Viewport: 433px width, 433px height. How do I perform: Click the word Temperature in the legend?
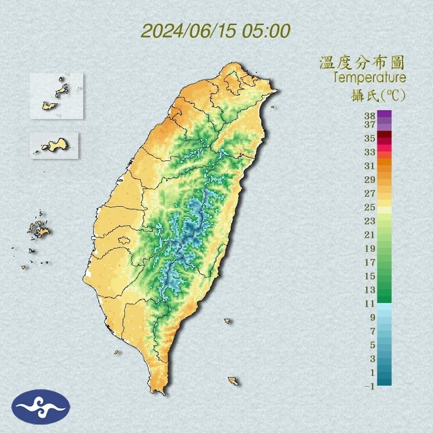(x=369, y=77)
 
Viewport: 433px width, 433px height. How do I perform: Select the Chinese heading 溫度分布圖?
(x=362, y=62)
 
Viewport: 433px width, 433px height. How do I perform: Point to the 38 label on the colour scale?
(x=369, y=115)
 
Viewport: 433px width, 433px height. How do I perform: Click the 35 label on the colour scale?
(x=369, y=139)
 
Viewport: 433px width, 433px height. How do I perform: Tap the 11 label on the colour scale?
(x=369, y=303)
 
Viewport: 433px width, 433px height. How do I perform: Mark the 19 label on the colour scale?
(x=369, y=248)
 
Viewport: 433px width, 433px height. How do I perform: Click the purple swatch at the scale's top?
(x=385, y=114)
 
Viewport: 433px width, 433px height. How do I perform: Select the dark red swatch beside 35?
(x=385, y=135)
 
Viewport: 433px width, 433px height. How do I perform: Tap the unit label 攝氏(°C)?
(x=378, y=95)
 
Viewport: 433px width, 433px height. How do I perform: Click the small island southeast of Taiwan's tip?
(x=233, y=381)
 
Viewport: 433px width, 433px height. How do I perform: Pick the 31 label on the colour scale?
(x=369, y=166)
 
